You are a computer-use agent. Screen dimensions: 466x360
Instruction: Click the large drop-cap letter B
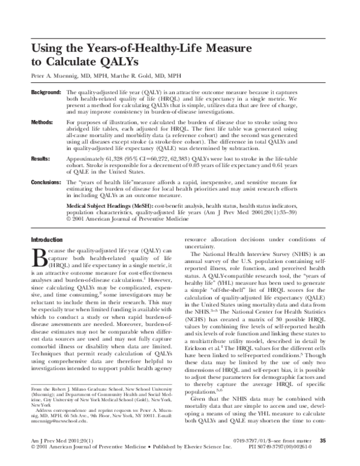click(37, 258)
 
